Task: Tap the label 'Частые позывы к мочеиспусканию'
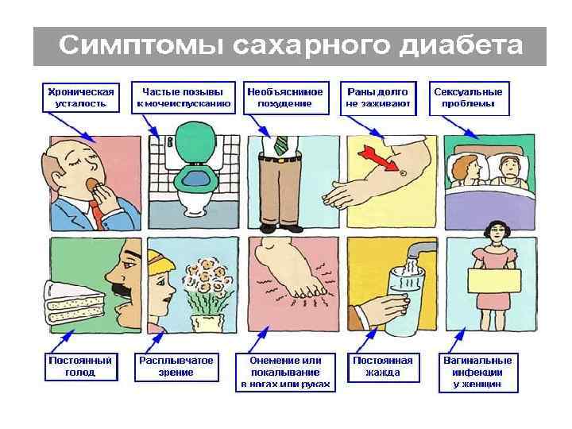tap(184, 96)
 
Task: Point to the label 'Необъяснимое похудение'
tap(285, 96)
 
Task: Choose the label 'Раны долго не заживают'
tap(377, 96)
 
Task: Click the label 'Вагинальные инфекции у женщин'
tap(477, 371)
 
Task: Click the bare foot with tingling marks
tap(291, 274)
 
